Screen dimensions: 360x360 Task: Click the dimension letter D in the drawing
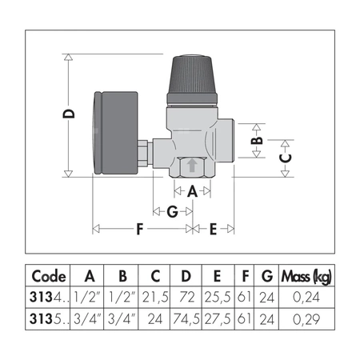[x=70, y=114]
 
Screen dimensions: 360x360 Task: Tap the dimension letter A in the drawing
[x=192, y=191]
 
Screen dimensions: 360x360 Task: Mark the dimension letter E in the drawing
[x=213, y=229]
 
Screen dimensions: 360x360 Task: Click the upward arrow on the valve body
[x=192, y=167]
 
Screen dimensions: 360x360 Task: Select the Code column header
[x=49, y=276]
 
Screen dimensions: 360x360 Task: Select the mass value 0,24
[x=307, y=298]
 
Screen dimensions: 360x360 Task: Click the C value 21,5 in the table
[x=154, y=298]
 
